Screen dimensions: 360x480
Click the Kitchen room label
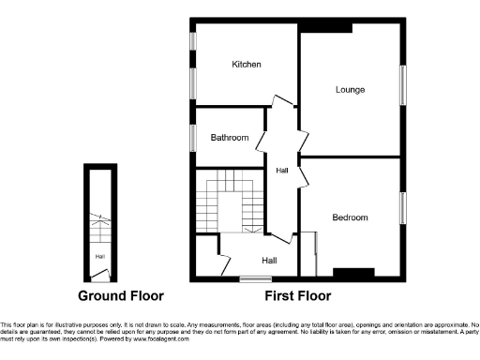click(x=247, y=65)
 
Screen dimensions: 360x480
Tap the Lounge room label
click(x=351, y=90)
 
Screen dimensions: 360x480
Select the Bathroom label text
click(x=230, y=138)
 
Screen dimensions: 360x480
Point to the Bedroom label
click(x=350, y=217)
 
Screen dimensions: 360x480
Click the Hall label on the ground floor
click(x=98, y=255)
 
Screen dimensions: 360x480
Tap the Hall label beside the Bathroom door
click(x=282, y=171)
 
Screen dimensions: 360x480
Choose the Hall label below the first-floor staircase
click(x=269, y=261)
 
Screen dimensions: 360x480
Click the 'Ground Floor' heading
click(x=120, y=296)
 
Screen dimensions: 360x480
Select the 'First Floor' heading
click(x=297, y=296)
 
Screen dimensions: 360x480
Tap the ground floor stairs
click(x=99, y=225)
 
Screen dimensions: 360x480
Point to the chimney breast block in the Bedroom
click(x=352, y=274)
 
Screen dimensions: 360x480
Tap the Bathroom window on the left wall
click(x=192, y=138)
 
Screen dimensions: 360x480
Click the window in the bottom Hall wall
click(x=250, y=278)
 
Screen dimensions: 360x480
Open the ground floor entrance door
click(x=99, y=275)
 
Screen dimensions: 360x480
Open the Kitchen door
click(x=278, y=104)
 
